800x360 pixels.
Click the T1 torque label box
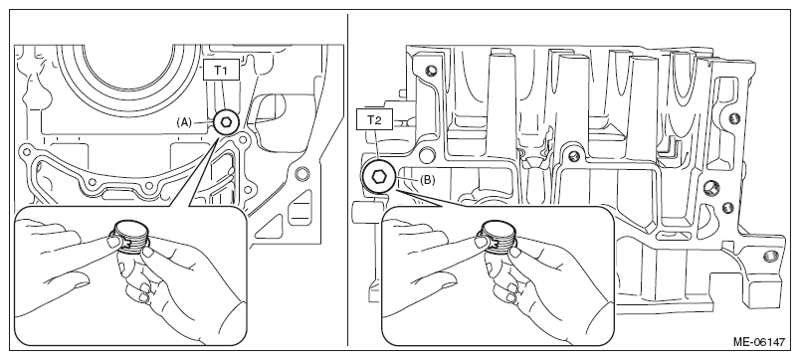(x=221, y=70)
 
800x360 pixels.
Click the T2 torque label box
(x=375, y=119)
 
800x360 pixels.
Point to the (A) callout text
(x=184, y=122)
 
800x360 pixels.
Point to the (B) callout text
(x=428, y=180)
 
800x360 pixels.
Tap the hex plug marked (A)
(x=225, y=122)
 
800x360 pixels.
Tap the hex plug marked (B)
(x=378, y=176)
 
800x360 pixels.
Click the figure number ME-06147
(x=759, y=342)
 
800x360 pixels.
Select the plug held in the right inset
(x=497, y=236)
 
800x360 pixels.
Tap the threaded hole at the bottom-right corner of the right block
(x=770, y=256)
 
